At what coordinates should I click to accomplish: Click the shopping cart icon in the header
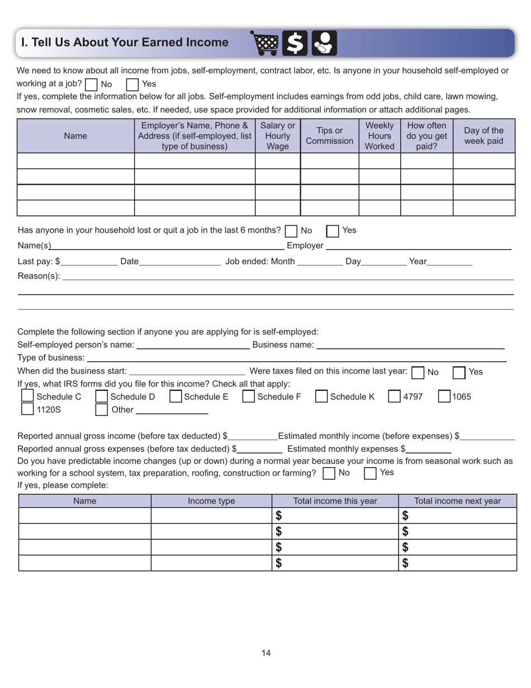pos(264,43)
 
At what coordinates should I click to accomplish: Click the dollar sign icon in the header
pos(295,43)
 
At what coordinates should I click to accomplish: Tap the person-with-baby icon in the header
pos(324,43)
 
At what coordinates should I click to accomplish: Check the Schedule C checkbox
pos(27,396)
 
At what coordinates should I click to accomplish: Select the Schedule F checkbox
pos(249,397)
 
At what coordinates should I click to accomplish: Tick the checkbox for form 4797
pos(394,397)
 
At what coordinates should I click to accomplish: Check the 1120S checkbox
pos(27,409)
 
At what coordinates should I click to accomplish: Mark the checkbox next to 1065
pos(444,397)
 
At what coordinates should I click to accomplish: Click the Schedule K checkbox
pos(321,397)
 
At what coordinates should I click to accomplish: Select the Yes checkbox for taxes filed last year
pos(459,372)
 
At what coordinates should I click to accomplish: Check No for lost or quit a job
pos(291,230)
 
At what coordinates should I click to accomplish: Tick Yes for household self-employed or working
pos(132,85)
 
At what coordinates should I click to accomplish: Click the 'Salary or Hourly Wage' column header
pos(278,136)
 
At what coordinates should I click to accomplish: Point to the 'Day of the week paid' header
pos(483,136)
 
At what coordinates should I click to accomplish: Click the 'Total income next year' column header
pos(457,501)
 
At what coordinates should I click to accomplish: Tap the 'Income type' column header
pos(211,501)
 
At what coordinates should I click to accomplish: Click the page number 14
pos(265,653)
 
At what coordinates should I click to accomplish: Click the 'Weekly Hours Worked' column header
pos(380,136)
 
